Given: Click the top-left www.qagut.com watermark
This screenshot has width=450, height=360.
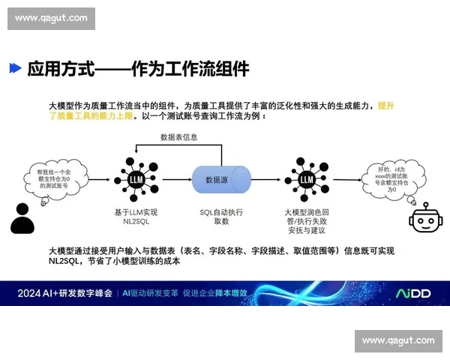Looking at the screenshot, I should tap(51, 18).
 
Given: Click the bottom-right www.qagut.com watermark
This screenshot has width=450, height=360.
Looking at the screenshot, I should tap(398, 340).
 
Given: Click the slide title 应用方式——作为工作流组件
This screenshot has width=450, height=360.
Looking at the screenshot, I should tap(138, 69).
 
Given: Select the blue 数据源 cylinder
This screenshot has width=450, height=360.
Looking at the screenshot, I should tap(222, 180).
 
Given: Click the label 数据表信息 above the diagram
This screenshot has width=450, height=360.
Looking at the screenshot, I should tap(180, 137).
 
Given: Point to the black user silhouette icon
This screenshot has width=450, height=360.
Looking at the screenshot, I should tap(22, 219).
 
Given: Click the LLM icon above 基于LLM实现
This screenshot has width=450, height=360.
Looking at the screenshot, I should tap(136, 179).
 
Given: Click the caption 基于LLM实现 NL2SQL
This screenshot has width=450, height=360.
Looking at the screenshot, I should tap(136, 217).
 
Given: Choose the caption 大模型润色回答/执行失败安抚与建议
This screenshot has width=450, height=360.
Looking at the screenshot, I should tap(306, 222).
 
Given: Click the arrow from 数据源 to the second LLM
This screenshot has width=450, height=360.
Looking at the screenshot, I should tap(267, 180).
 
